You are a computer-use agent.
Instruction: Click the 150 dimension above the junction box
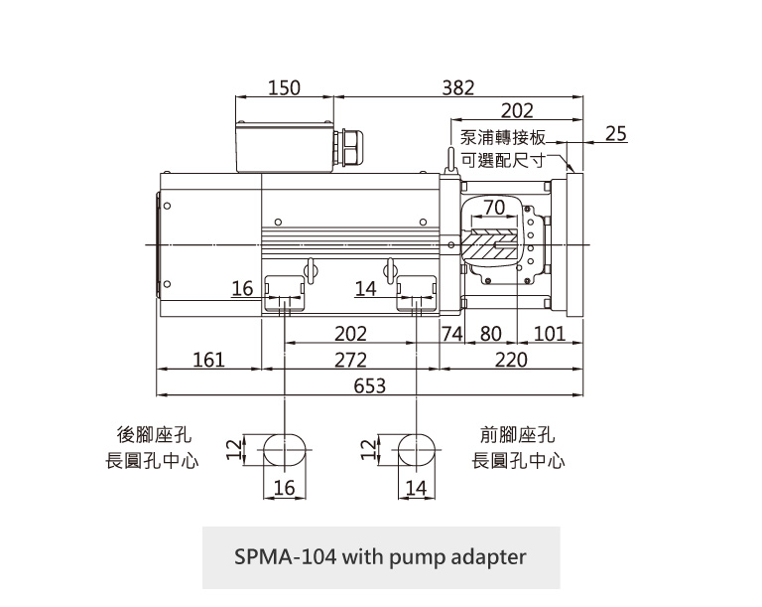point(284,87)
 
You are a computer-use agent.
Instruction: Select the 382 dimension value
point(457,87)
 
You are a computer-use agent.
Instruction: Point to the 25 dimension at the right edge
point(615,133)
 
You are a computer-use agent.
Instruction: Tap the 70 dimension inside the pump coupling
point(494,206)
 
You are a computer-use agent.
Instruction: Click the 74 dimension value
point(452,334)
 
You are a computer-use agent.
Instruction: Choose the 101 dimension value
point(549,334)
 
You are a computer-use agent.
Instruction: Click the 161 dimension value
point(208,360)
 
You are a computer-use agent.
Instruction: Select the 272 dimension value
point(350,360)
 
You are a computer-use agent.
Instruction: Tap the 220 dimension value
point(512,360)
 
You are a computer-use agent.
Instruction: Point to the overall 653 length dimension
point(370,385)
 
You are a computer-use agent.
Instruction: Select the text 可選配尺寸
point(504,159)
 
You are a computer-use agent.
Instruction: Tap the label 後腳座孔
point(155,435)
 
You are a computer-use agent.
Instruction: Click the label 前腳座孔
point(518,435)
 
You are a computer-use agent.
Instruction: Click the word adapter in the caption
point(486,556)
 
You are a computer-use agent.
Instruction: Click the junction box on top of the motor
point(284,145)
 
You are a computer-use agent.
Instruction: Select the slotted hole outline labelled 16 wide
point(285,450)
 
